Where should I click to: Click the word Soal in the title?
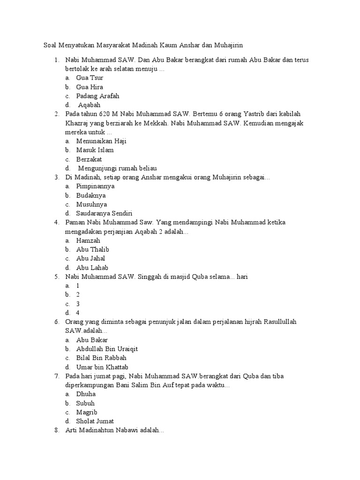click(50, 45)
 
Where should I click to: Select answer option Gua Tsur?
click(90, 78)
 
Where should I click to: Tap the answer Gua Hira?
click(90, 87)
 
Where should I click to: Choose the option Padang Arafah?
click(97, 96)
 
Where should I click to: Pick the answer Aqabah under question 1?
click(89, 105)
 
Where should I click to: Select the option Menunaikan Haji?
click(101, 141)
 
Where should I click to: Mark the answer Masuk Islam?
click(95, 150)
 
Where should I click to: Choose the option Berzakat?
click(89, 159)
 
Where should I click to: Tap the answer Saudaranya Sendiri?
click(105, 213)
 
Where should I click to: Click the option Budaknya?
click(91, 195)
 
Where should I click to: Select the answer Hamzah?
click(88, 240)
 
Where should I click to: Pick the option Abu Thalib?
click(93, 249)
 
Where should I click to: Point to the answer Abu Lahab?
click(92, 268)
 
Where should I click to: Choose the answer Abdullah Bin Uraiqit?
click(107, 349)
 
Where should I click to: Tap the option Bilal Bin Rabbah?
click(101, 358)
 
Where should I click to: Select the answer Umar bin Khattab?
click(102, 367)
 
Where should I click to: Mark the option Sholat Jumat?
click(95, 421)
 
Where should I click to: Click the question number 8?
click(56, 430)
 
